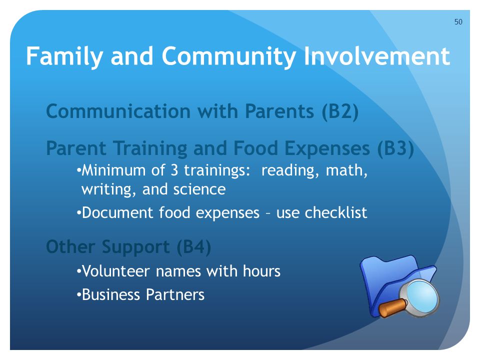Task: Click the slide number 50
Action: (x=458, y=21)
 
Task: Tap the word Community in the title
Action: (x=228, y=56)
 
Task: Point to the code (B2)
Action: (x=340, y=111)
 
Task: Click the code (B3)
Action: (x=395, y=148)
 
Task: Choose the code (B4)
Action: (x=194, y=247)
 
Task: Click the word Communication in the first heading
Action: (x=118, y=111)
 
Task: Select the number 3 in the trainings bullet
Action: (x=174, y=170)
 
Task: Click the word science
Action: (x=199, y=189)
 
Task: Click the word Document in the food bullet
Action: (x=117, y=213)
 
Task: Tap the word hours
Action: (x=261, y=271)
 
